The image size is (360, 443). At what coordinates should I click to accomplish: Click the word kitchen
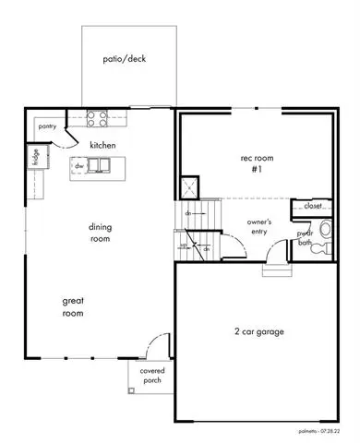tap(102, 145)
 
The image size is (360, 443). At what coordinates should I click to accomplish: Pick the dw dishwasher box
tap(80, 166)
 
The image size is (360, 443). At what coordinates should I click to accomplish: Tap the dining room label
tap(100, 233)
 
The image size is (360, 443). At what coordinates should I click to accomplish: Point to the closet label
tap(313, 206)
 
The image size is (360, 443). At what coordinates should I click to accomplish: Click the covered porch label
tap(151, 376)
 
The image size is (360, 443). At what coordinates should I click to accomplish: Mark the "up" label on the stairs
tap(183, 245)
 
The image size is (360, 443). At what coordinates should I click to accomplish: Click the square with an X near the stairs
tap(189, 186)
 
